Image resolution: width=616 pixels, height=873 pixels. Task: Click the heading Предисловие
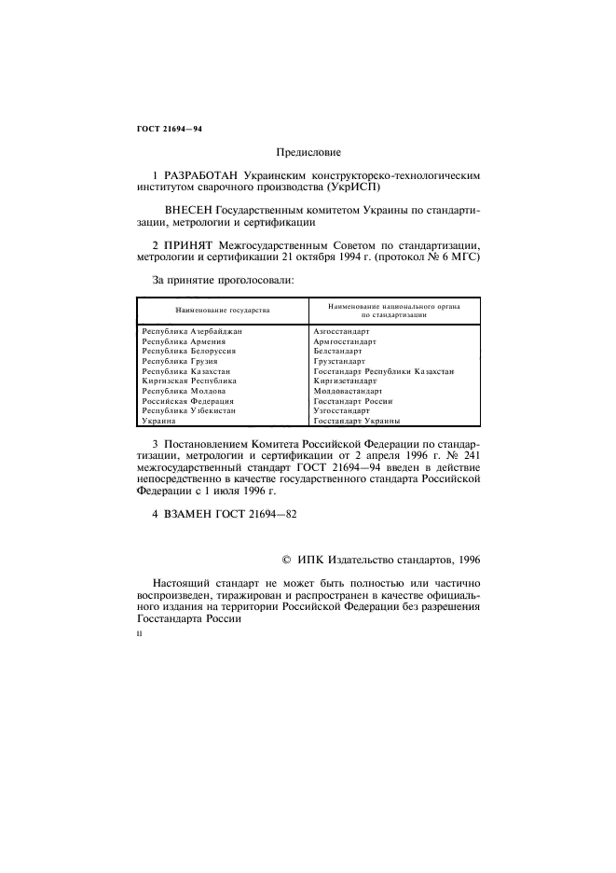(x=308, y=151)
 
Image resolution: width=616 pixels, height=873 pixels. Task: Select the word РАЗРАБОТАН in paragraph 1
(x=200, y=174)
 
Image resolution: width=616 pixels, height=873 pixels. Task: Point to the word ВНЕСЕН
(x=194, y=211)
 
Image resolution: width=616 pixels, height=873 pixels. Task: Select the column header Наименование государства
(x=223, y=309)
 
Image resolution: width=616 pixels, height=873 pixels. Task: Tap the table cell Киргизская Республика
(x=188, y=381)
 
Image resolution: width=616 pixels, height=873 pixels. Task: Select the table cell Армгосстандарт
(x=345, y=341)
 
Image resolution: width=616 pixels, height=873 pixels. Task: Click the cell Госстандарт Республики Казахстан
(x=383, y=371)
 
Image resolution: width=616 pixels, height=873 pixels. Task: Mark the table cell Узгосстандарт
(x=342, y=410)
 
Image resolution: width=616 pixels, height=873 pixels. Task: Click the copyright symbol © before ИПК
(x=287, y=560)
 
